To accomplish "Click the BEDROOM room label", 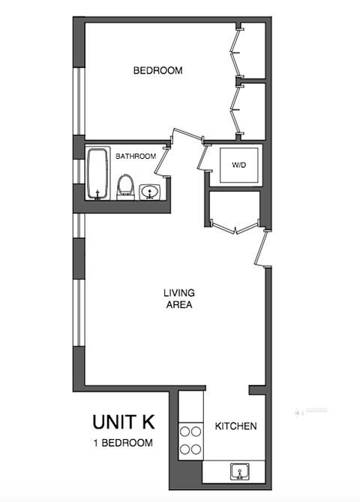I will click(158, 71).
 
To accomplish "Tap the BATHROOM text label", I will click(136, 157).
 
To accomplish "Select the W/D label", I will click(239, 164).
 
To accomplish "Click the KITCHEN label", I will click(236, 426).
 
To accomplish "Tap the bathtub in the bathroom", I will click(97, 174).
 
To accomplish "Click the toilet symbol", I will click(126, 187).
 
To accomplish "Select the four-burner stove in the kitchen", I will click(190, 441).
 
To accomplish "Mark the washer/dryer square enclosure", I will click(238, 164).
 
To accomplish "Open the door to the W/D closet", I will click(203, 156).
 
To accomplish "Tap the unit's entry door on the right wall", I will click(261, 249).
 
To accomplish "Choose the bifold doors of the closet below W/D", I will click(235, 226).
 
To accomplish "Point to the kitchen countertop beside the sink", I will click(217, 471).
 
